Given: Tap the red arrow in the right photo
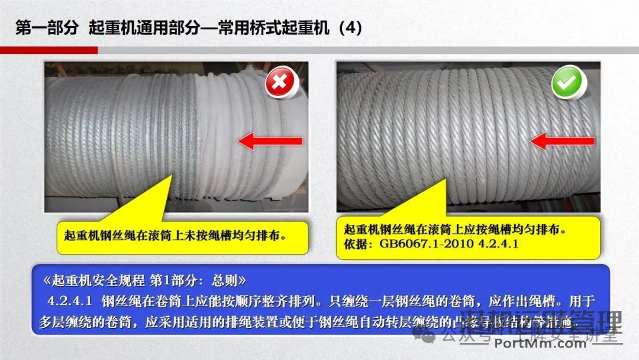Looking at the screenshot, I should (x=561, y=141).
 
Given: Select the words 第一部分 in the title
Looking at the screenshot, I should (x=46, y=28).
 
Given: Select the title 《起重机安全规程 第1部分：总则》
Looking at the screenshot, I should (x=144, y=279).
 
